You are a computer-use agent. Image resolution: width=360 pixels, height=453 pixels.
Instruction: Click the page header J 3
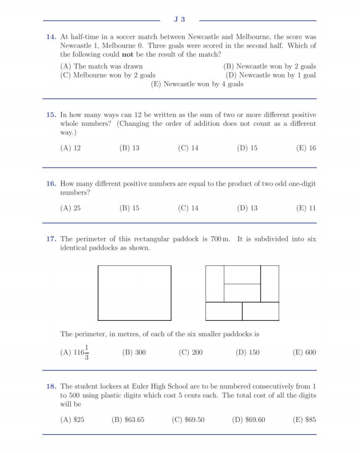(x=180, y=19)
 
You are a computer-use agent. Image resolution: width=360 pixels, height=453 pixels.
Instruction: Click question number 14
(x=51, y=37)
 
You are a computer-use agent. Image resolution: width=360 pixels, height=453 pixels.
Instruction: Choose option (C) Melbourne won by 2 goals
(x=108, y=75)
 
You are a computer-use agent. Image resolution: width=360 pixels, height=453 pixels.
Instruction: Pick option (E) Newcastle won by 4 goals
(x=197, y=84)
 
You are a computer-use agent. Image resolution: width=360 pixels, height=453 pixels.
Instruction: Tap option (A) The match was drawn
(x=101, y=66)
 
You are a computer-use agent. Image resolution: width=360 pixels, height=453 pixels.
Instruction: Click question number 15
(x=51, y=114)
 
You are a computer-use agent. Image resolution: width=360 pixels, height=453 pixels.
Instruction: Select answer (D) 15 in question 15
(x=247, y=148)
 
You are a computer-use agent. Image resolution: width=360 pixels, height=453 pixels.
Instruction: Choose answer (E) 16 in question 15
(x=306, y=148)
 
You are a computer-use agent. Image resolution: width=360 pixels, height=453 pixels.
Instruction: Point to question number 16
(x=51, y=184)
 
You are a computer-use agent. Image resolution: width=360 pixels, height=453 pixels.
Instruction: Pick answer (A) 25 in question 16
(x=70, y=208)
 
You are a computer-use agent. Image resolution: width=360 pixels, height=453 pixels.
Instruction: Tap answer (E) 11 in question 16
(x=306, y=208)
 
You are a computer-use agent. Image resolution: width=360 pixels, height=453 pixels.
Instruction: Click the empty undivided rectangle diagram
(x=134, y=292)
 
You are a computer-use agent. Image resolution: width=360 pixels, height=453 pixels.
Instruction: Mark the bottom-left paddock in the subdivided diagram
(x=224, y=311)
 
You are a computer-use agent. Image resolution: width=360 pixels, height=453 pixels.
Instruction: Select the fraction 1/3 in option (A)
(x=87, y=352)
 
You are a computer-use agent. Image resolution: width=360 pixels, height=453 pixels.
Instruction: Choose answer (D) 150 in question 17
(x=247, y=352)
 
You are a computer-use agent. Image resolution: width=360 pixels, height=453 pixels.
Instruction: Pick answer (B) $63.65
(x=128, y=420)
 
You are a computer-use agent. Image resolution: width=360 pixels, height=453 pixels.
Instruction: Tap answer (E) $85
(x=304, y=420)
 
